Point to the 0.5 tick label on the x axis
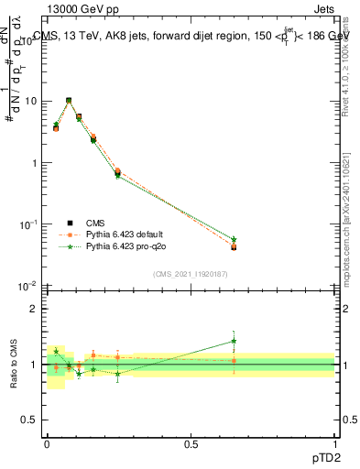click(x=191, y=443)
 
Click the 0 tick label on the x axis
click(x=47, y=443)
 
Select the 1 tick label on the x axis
click(x=334, y=443)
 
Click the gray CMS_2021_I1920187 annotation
click(x=191, y=273)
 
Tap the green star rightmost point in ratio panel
click(x=234, y=341)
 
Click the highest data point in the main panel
click(x=69, y=101)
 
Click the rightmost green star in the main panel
click(x=234, y=239)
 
